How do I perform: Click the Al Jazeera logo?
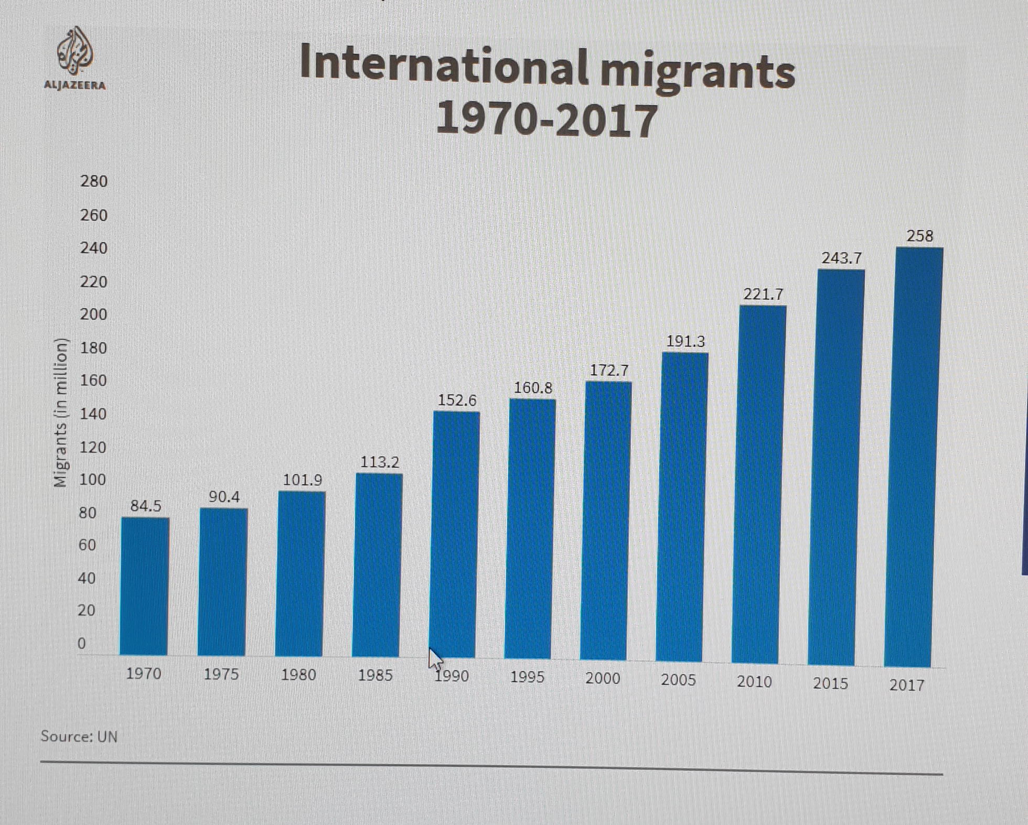click(x=75, y=58)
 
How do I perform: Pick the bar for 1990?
click(x=454, y=535)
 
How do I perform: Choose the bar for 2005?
click(x=681, y=506)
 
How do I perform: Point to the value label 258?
click(x=919, y=236)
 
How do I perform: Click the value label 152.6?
click(x=457, y=400)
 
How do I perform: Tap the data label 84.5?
click(x=146, y=506)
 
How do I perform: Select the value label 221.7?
click(x=763, y=295)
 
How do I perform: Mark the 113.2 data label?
click(x=379, y=462)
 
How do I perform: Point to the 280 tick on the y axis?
click(x=93, y=181)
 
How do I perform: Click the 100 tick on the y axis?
click(x=92, y=480)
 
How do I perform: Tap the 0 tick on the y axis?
click(x=81, y=643)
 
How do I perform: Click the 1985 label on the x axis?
click(x=375, y=675)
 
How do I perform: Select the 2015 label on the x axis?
click(x=830, y=683)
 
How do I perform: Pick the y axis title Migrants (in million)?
click(x=61, y=413)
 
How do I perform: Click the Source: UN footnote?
click(x=79, y=736)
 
